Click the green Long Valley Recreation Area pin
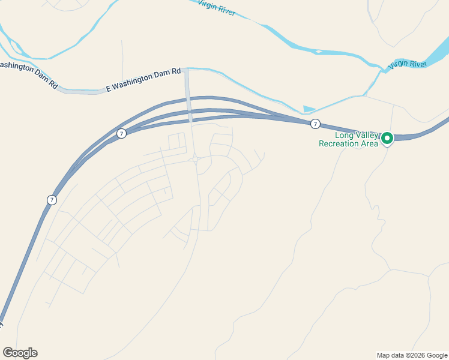[387, 139]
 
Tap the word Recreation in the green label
[339, 143]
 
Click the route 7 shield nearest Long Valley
[315, 124]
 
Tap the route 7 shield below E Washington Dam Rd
[122, 133]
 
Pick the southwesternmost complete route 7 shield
[52, 200]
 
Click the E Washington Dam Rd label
[143, 79]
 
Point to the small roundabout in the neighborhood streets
[195, 159]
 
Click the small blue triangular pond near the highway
[309, 109]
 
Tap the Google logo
[20, 353]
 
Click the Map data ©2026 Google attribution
[412, 355]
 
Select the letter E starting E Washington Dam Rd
[109, 88]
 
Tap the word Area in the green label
[369, 143]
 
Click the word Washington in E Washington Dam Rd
[132, 82]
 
